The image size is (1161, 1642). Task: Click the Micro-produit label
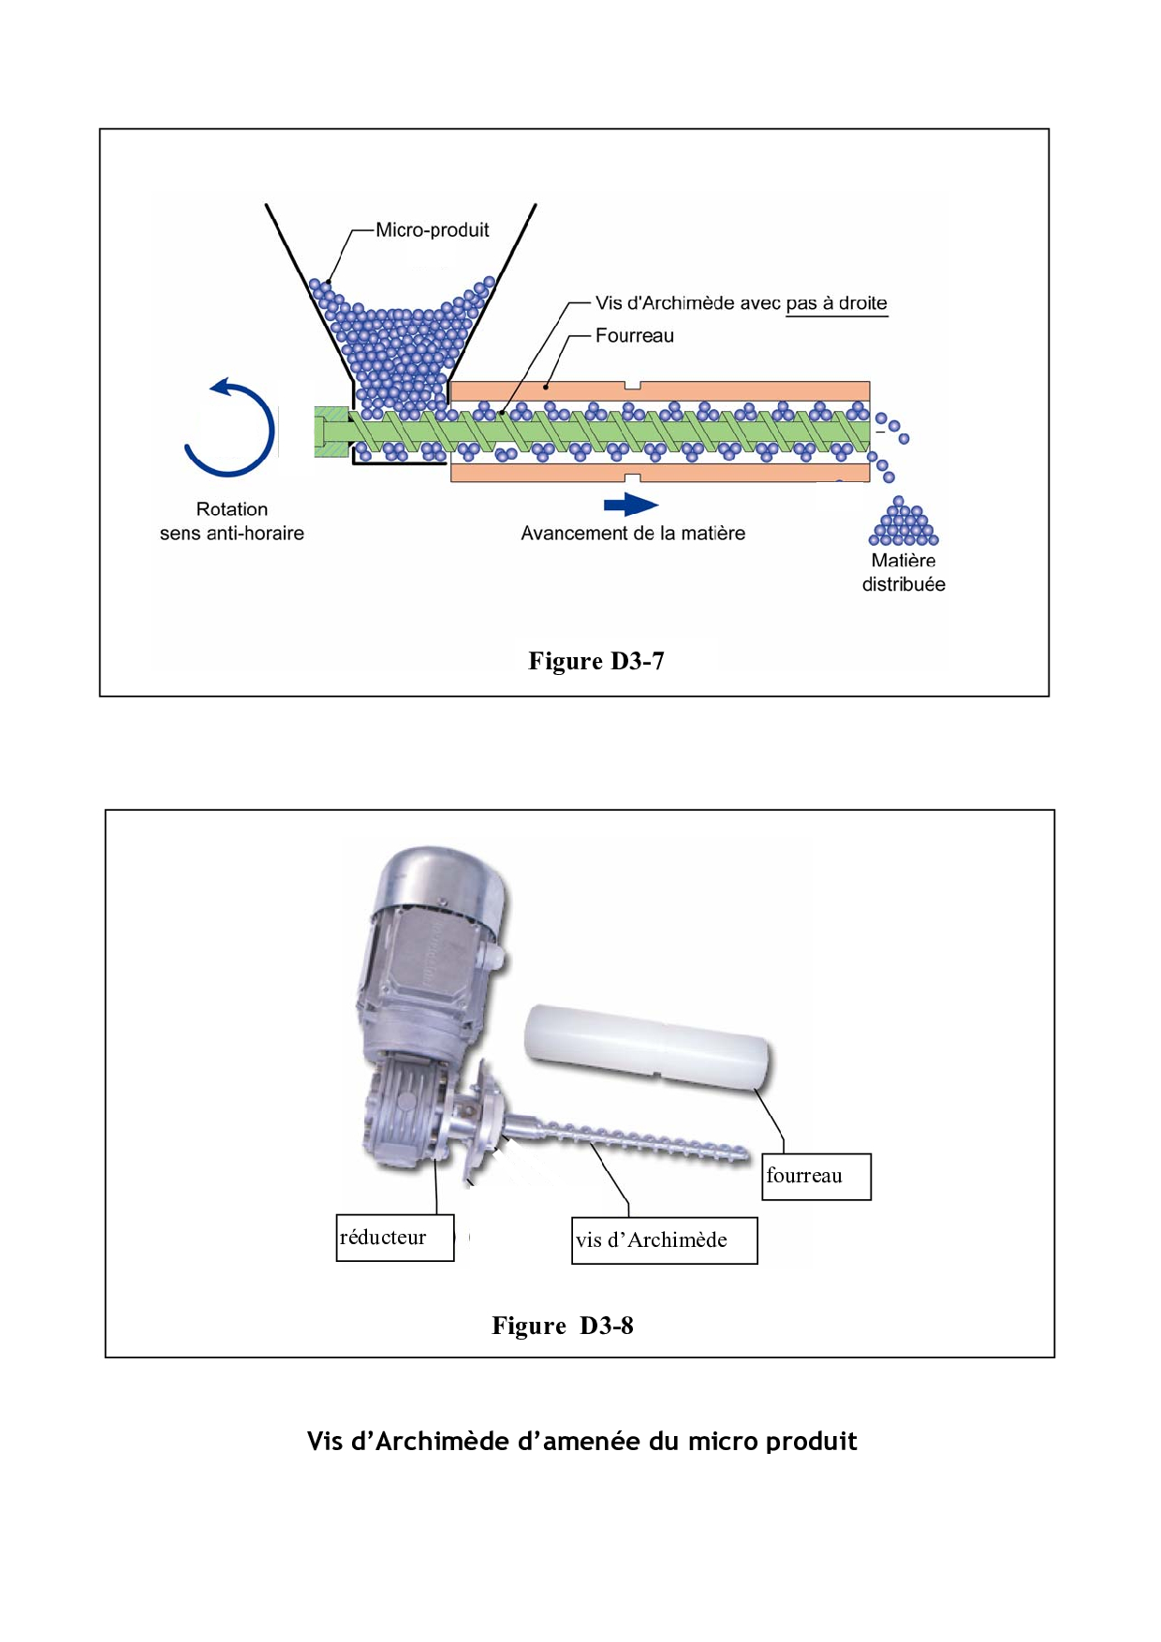point(432,230)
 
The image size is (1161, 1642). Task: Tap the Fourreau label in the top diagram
point(634,336)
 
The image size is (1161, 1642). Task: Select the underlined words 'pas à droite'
point(836,303)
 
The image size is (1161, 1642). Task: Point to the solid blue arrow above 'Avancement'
point(630,506)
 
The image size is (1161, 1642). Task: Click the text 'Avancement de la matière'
point(633,534)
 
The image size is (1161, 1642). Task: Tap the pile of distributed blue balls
point(903,525)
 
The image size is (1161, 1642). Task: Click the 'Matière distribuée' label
point(904,572)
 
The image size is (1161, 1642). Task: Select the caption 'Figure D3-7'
point(596,661)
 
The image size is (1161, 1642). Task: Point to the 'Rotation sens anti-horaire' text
point(232,521)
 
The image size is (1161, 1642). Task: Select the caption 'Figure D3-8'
point(563,1326)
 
